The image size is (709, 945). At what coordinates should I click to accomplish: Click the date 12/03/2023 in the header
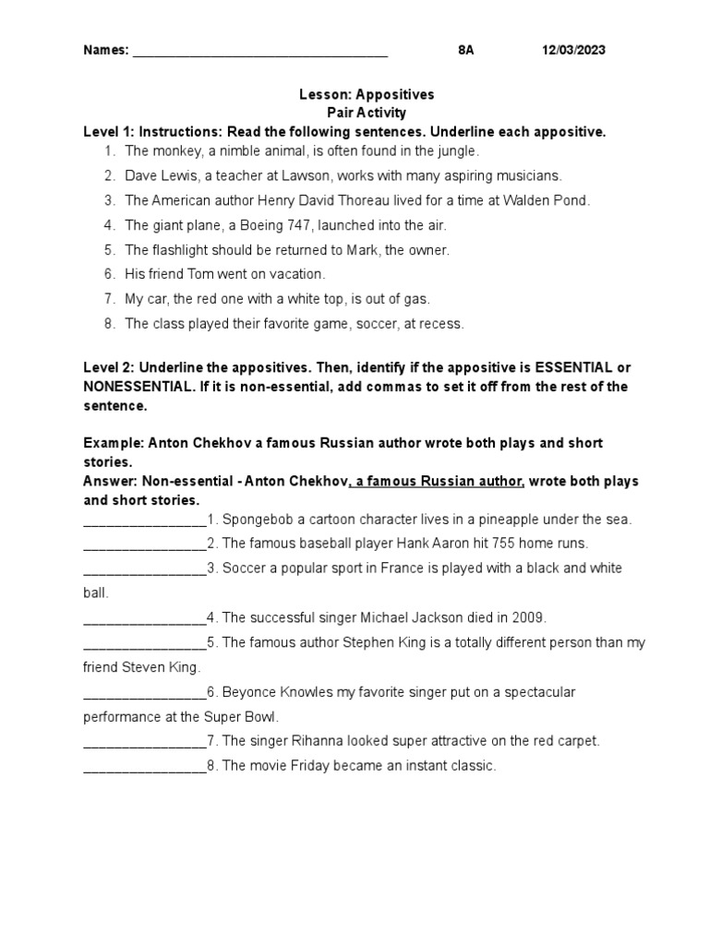tap(573, 51)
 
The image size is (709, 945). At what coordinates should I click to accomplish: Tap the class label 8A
tap(465, 51)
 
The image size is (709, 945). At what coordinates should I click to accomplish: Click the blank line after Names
tap(260, 53)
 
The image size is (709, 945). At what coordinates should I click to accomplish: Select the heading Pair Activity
tap(367, 113)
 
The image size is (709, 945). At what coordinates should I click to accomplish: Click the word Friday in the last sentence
tap(307, 766)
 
